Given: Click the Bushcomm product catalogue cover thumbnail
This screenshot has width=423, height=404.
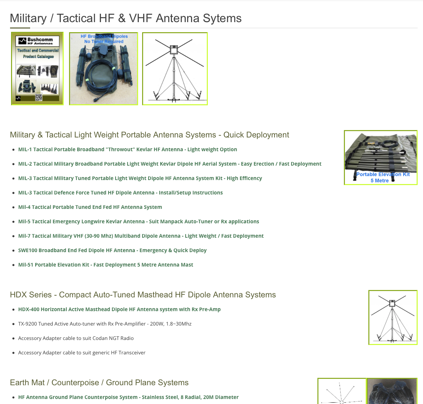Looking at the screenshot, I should pyautogui.click(x=37, y=69).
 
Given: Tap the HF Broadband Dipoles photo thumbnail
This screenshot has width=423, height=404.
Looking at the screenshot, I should pyautogui.click(x=104, y=69).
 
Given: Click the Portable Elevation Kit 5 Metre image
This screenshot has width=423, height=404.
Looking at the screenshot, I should pyautogui.click(x=380, y=158).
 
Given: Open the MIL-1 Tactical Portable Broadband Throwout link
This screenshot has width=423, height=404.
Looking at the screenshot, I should pyautogui.click(x=127, y=150).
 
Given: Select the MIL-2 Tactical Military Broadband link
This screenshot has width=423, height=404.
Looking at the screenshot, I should pyautogui.click(x=170, y=164).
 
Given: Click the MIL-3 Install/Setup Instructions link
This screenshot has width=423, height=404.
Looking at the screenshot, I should pyautogui.click(x=120, y=193).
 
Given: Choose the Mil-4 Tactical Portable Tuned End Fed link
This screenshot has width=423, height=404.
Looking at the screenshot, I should pyautogui.click(x=90, y=207).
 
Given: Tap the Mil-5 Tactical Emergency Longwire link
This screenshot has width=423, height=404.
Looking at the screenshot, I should pyautogui.click(x=138, y=222).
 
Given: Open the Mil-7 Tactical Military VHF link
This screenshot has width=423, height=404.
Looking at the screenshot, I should pyautogui.click(x=141, y=236).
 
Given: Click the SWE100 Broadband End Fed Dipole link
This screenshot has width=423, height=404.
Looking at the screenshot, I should pyautogui.click(x=112, y=250).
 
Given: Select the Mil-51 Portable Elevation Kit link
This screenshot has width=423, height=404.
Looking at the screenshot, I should pyautogui.click(x=106, y=265).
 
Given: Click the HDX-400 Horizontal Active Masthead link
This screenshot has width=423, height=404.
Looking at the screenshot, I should pyautogui.click(x=119, y=309).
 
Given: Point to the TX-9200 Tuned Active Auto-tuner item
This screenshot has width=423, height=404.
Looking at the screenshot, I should pyautogui.click(x=105, y=324).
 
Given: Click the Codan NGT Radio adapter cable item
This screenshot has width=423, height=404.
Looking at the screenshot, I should pyautogui.click(x=76, y=338).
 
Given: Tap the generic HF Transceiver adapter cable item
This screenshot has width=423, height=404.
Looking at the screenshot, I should pyautogui.click(x=82, y=353).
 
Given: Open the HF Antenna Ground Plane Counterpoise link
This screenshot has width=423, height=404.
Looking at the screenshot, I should pyautogui.click(x=128, y=397).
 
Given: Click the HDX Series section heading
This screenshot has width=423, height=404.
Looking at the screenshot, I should pyautogui.click(x=143, y=295).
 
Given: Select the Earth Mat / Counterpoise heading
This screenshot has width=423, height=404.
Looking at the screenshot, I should pyautogui.click(x=99, y=383).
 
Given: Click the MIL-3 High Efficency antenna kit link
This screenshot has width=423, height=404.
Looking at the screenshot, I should pyautogui.click(x=140, y=178).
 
